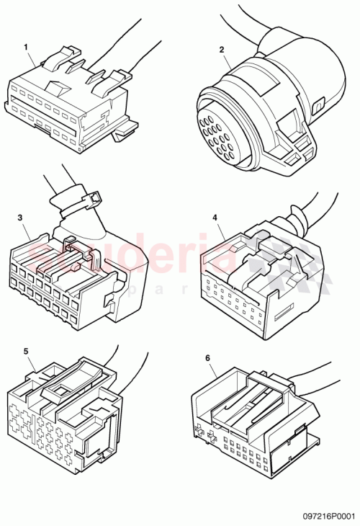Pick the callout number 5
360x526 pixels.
pyautogui.click(x=26, y=351)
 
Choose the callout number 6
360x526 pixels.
pyautogui.click(x=208, y=357)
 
